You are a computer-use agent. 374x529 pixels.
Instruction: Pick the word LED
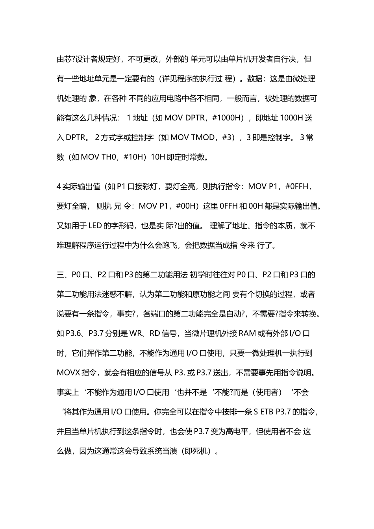click(95, 226)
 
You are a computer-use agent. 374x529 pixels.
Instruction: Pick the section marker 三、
click(63, 274)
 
